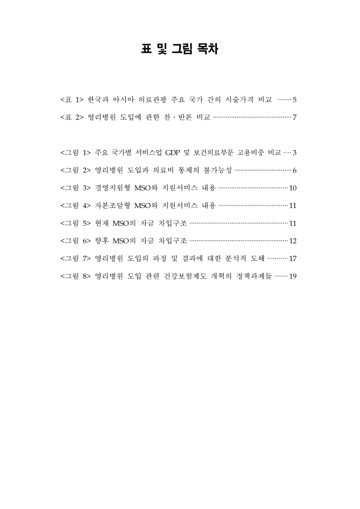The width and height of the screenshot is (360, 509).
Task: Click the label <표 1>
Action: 71,100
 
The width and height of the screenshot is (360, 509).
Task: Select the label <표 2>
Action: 71,118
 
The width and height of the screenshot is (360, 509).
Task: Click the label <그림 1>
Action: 75,153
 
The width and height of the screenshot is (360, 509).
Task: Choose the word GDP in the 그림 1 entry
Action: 174,153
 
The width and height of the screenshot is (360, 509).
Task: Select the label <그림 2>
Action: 75,171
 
